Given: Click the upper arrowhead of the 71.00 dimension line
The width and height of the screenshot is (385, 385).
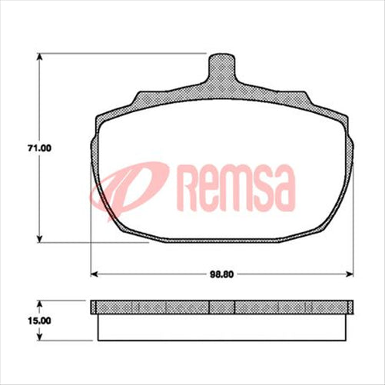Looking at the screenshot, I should click(40, 57).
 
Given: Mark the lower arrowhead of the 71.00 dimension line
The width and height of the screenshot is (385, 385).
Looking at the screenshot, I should click(40, 241).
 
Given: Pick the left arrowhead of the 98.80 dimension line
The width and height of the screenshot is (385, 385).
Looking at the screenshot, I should click(95, 272).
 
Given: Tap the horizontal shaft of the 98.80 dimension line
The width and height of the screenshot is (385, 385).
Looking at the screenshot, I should click(154, 272).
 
